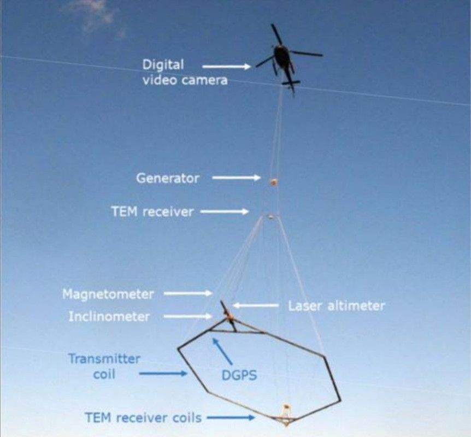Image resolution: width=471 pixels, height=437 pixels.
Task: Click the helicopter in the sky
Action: tap(282, 58)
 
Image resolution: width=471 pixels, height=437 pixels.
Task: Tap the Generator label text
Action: tap(168, 179)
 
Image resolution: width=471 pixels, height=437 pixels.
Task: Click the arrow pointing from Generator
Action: tap(237, 178)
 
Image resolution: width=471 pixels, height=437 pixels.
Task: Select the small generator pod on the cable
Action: tap(274, 182)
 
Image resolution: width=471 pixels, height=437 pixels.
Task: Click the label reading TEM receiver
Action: tap(152, 212)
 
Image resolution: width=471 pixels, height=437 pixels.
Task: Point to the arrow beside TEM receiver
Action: tap(225, 211)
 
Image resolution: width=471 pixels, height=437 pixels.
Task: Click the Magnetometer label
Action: tap(108, 294)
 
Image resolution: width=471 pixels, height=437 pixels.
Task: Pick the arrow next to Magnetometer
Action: tap(188, 293)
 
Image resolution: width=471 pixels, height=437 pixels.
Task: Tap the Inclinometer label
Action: tap(109, 317)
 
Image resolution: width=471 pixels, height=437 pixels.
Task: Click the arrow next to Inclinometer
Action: tap(188, 316)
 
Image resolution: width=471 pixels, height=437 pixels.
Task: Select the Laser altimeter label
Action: tap(337, 306)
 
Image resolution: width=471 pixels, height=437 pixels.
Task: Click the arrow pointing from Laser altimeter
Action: tap(256, 305)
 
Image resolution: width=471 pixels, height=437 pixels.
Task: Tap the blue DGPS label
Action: tap(239, 375)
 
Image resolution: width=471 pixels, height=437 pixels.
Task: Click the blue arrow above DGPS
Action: tap(222, 351)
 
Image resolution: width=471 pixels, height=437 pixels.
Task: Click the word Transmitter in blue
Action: tap(104, 358)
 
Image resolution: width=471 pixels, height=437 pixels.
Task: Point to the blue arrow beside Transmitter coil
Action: tap(163, 374)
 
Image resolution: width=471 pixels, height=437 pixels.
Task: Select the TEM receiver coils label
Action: tap(143, 418)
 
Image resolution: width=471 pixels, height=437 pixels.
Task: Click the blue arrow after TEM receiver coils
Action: tap(231, 417)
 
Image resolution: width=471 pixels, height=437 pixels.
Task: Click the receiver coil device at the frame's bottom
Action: tap(286, 415)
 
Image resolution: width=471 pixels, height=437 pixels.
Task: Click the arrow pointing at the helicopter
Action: tap(227, 67)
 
